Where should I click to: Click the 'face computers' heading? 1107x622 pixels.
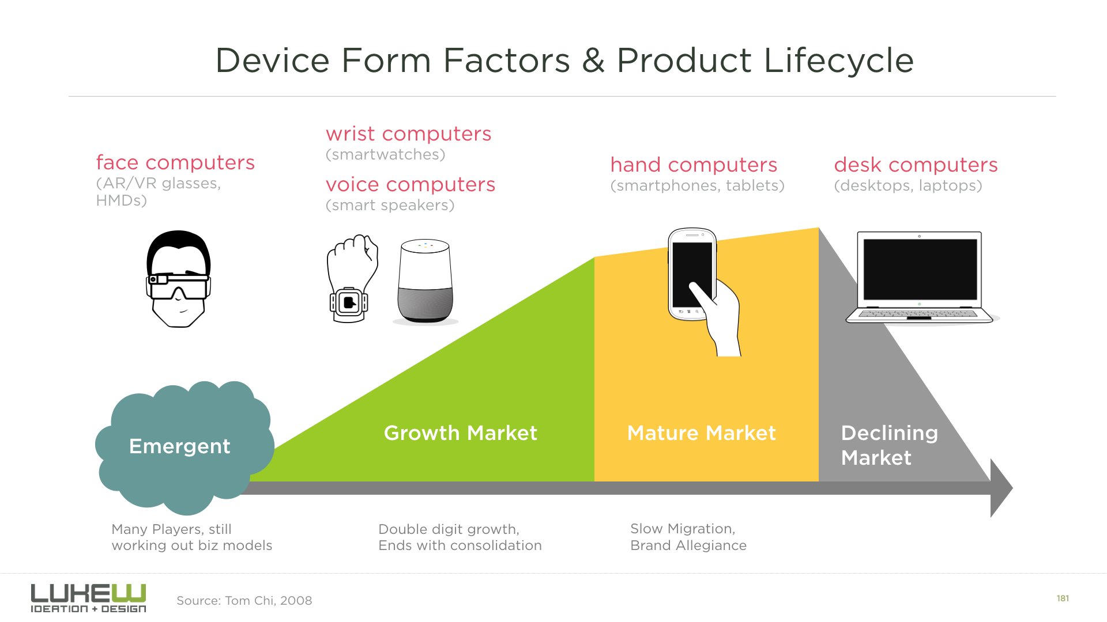click(x=175, y=162)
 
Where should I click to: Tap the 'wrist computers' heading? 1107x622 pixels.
click(x=408, y=134)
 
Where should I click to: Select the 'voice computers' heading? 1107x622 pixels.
click(x=411, y=184)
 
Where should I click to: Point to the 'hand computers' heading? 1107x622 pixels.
click(x=694, y=165)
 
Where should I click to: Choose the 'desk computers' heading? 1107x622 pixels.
click(x=916, y=165)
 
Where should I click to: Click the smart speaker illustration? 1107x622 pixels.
click(x=426, y=281)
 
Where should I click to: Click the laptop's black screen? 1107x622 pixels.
click(x=920, y=269)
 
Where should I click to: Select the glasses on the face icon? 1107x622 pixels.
click(x=178, y=286)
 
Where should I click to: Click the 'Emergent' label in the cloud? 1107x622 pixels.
click(x=179, y=446)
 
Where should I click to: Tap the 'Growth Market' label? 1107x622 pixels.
click(x=461, y=433)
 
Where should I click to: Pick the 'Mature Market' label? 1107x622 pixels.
click(x=702, y=433)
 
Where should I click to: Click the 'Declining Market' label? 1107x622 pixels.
click(x=890, y=445)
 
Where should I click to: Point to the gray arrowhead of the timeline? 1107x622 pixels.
click(x=1001, y=488)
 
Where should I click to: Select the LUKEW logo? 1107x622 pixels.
click(x=88, y=598)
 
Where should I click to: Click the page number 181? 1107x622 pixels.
click(x=1063, y=598)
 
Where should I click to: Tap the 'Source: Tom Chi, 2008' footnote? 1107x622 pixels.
click(x=244, y=601)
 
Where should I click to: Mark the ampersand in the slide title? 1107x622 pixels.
click(x=593, y=60)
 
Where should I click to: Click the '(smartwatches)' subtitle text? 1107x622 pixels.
click(x=386, y=154)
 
